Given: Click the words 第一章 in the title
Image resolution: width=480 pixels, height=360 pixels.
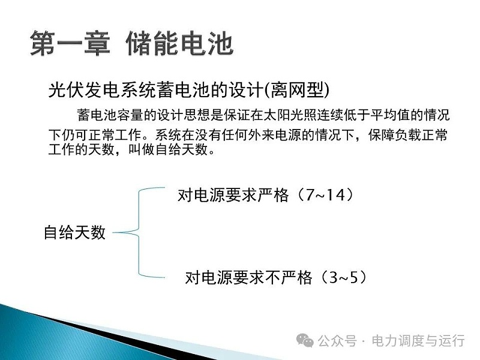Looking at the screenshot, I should click(70, 43).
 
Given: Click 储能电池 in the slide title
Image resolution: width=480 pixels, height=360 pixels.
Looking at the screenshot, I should click(179, 43).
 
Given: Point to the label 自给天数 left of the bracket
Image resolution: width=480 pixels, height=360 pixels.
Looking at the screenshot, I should click(74, 232).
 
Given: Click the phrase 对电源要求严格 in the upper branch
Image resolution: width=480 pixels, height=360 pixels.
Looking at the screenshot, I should click(233, 196).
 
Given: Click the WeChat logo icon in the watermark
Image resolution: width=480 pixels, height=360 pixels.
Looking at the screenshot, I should click(307, 341).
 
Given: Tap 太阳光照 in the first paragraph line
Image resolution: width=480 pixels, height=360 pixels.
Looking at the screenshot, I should click(267, 115).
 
